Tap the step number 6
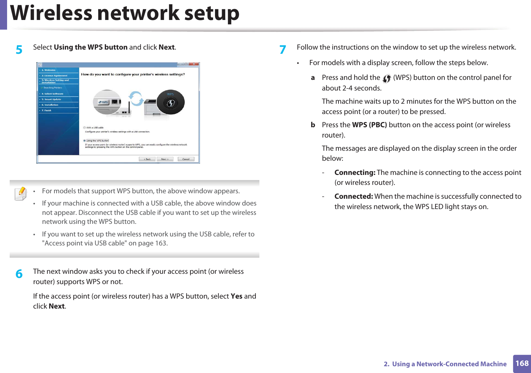click(x=19, y=274)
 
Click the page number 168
click(x=522, y=363)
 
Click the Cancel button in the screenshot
click(x=186, y=159)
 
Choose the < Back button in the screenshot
click(x=147, y=159)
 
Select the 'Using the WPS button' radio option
click(x=85, y=141)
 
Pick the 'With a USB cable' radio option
click(x=85, y=128)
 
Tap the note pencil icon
click(x=21, y=194)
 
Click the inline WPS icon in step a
click(x=387, y=78)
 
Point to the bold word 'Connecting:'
click(x=355, y=173)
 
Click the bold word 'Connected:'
click(x=353, y=196)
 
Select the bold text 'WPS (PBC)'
click(x=369, y=125)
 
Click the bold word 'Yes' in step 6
click(x=236, y=296)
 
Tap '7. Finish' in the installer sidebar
click(x=46, y=110)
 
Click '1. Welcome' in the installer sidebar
click(x=49, y=70)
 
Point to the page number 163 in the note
click(x=161, y=243)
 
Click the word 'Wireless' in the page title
click(x=51, y=14)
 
